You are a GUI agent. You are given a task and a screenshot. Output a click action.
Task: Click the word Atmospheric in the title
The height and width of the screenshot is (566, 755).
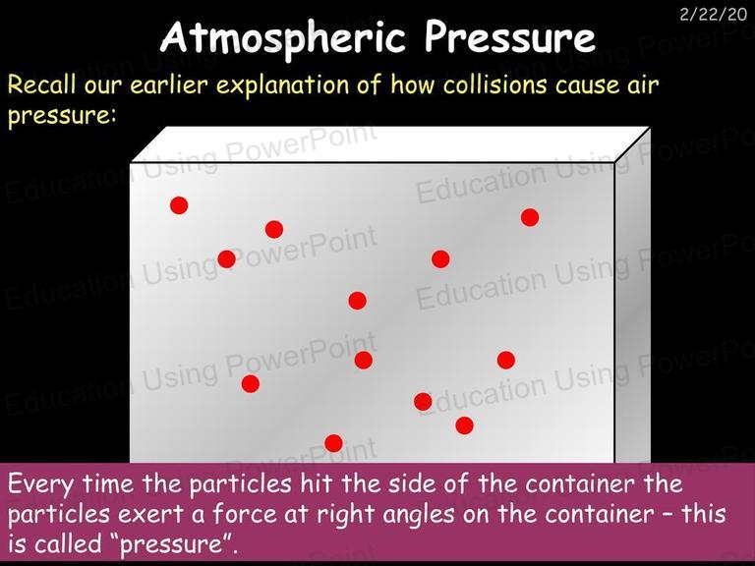(x=283, y=37)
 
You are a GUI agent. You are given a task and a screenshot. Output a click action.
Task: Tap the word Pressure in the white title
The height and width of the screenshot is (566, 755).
(x=510, y=36)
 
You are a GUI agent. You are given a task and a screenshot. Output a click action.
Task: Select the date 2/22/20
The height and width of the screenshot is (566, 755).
(x=713, y=15)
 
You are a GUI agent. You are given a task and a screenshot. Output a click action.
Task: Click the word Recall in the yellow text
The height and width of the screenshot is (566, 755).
(x=42, y=85)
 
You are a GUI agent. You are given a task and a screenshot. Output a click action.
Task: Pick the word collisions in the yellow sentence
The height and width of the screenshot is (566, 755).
(x=494, y=85)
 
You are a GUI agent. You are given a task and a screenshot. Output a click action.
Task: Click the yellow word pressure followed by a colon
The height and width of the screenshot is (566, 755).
(x=62, y=117)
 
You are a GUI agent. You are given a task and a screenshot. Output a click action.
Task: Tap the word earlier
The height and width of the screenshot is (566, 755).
(x=169, y=85)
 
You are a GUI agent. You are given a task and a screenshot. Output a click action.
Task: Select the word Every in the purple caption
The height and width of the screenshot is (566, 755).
(x=40, y=484)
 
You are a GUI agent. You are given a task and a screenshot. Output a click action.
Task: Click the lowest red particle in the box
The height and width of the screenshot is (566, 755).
(x=333, y=443)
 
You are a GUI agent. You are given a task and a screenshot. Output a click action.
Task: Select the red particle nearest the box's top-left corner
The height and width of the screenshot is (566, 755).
(x=179, y=205)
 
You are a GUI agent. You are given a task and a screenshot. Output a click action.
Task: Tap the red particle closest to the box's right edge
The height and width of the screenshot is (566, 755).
(x=530, y=217)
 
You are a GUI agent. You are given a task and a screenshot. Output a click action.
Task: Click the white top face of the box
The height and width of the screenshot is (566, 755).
(x=390, y=144)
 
